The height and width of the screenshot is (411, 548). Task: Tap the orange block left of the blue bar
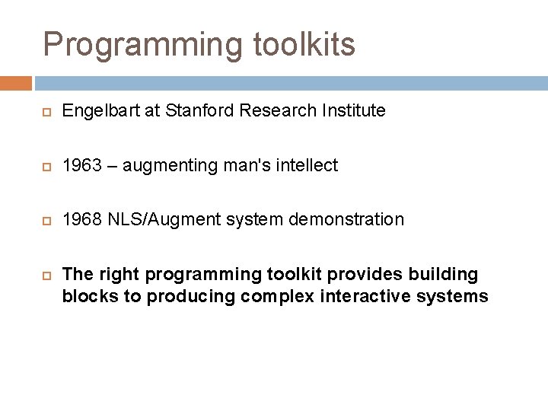pos(15,83)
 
